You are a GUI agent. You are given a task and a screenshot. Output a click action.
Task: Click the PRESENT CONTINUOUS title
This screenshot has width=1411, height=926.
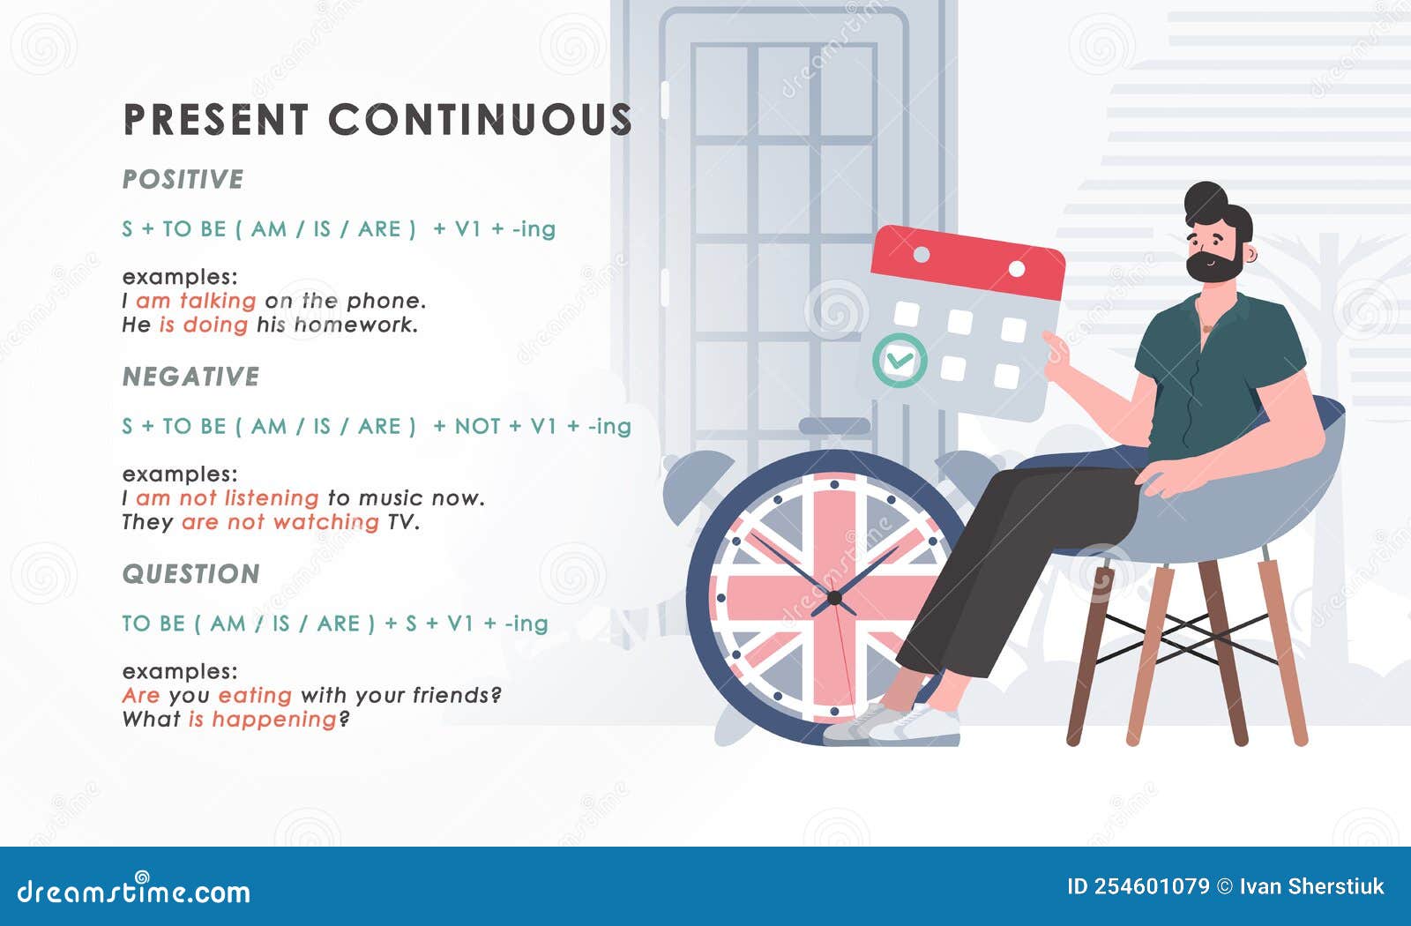pos(377,120)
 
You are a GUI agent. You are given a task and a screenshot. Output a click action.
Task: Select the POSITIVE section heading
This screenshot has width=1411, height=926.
pos(183,179)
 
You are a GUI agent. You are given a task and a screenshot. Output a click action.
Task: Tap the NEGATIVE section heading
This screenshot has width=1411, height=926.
pos(190,377)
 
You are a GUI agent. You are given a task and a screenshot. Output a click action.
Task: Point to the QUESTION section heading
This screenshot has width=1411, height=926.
pos(190,574)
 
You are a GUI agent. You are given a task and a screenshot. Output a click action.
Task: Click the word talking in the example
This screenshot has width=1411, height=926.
pos(218,301)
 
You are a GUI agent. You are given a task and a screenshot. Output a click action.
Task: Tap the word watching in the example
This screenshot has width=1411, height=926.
pos(325,522)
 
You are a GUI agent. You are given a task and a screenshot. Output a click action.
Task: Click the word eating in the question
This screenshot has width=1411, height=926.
pos(255,695)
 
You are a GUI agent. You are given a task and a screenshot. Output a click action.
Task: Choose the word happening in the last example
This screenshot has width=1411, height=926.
pos(274,720)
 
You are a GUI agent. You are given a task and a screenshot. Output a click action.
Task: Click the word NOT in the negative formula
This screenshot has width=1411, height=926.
pos(477,426)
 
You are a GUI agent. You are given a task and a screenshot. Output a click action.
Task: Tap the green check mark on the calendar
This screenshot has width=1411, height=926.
pos(900,360)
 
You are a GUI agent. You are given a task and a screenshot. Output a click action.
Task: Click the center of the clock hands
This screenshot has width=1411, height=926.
pos(834,598)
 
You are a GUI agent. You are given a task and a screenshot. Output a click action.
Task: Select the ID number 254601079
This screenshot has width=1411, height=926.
pos(1151,886)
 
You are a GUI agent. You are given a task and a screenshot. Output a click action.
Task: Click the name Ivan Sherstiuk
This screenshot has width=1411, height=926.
pos(1311,886)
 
